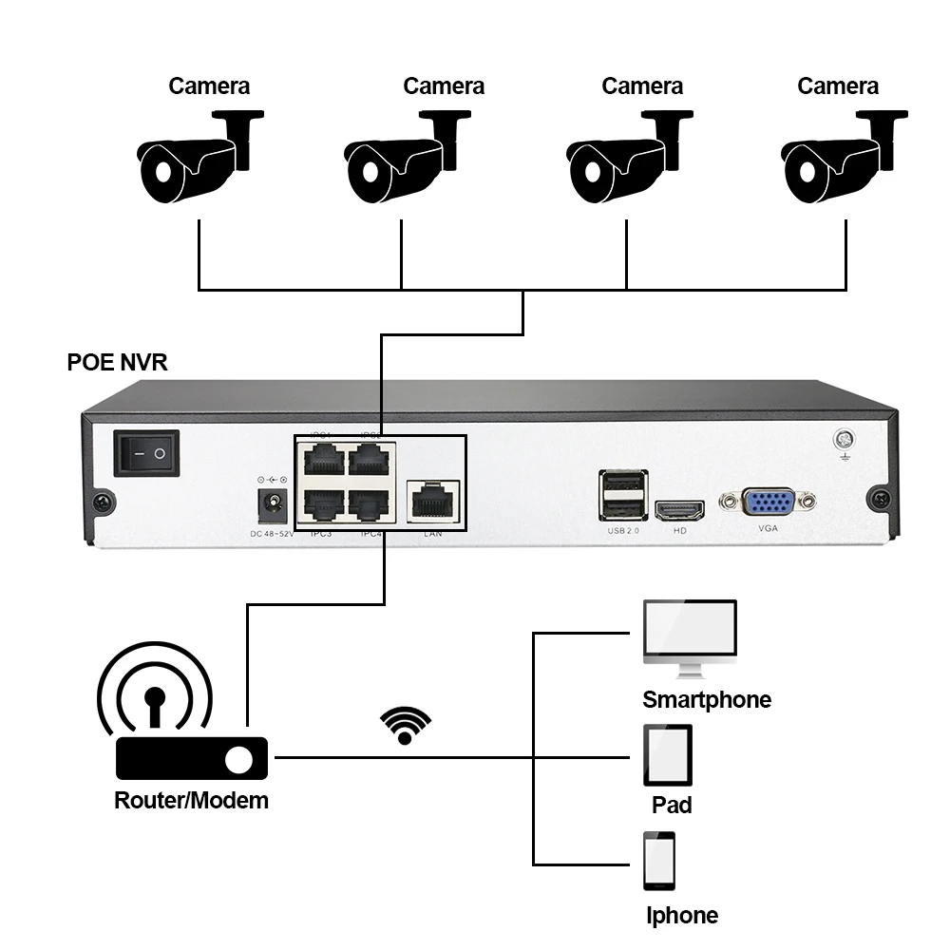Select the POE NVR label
point(117,363)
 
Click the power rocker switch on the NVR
point(146,453)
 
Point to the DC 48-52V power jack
point(274,504)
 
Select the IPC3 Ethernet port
point(325,504)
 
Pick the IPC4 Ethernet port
point(369,504)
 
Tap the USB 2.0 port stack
point(623,494)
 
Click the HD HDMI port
point(679,511)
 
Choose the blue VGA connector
point(768,501)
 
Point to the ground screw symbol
point(842,441)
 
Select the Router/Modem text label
point(191,800)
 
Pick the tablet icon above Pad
point(668,754)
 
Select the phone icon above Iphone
point(659,862)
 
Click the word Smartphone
point(707,700)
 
